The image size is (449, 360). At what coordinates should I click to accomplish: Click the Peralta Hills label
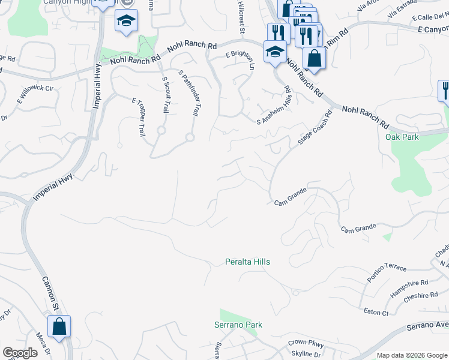pyautogui.click(x=247, y=262)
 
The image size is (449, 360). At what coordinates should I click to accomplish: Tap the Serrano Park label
pyautogui.click(x=238, y=325)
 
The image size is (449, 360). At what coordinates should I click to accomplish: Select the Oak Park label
pyautogui.click(x=402, y=137)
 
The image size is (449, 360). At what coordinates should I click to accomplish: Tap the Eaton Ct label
pyautogui.click(x=376, y=313)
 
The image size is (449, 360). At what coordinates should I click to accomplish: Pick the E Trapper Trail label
pyautogui.click(x=139, y=117)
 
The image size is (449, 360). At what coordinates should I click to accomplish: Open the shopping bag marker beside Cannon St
pyautogui.click(x=59, y=328)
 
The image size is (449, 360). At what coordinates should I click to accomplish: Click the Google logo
pyautogui.click(x=20, y=353)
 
